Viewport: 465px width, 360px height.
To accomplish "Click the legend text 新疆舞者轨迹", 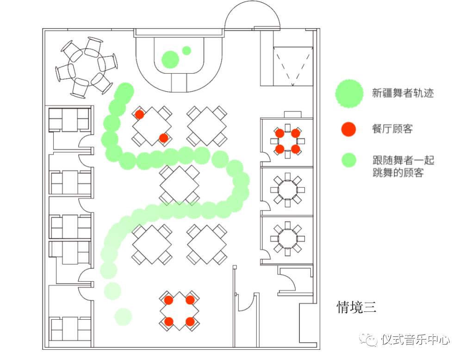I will (403, 93).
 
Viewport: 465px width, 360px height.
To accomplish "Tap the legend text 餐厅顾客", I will (392, 129).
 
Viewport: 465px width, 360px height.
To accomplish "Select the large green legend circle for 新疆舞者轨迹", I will (349, 93).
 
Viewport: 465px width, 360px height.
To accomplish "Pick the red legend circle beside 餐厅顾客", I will (348, 129).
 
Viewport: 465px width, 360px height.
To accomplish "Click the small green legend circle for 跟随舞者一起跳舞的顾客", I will (349, 160).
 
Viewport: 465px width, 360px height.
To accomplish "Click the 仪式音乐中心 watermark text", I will (415, 340).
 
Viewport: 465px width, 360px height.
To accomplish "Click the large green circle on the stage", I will (170, 59).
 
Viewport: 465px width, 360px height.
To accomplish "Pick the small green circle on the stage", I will (186, 50).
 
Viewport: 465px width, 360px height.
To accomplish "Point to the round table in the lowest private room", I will (288, 238).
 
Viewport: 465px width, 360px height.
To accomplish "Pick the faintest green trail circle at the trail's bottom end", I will (123, 317).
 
